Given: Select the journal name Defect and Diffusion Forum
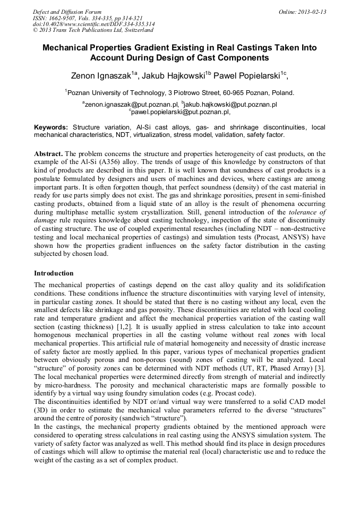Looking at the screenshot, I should [67, 12].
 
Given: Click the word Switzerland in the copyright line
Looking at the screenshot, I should [138, 30].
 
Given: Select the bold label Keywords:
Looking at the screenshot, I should [51, 128].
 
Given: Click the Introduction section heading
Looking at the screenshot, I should [54, 273].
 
